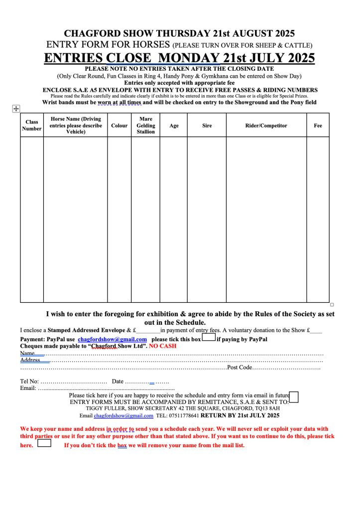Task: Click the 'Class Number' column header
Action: click(x=32, y=125)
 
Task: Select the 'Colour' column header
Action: click(x=119, y=126)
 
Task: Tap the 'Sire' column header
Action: click(x=207, y=126)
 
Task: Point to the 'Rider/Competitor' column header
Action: click(x=266, y=126)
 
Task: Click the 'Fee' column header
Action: click(x=318, y=126)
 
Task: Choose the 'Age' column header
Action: click(x=174, y=126)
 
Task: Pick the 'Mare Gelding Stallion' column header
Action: click(x=145, y=126)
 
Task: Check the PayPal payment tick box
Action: click(x=209, y=338)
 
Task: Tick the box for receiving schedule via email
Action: click(x=294, y=396)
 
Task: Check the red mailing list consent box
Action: click(x=44, y=443)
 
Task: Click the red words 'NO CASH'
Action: click(x=163, y=346)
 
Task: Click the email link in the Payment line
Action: click(x=112, y=339)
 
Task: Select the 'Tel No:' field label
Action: click(x=29, y=382)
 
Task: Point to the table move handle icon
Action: click(x=15, y=109)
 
